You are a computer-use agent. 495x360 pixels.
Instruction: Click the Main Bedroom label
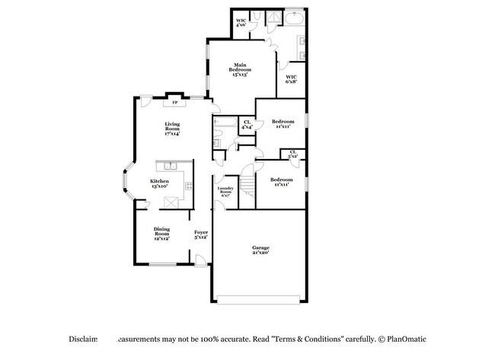(x=241, y=70)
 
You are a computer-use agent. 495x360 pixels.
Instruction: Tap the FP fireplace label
(x=175, y=102)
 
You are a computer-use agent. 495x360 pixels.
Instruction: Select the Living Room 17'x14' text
(x=172, y=129)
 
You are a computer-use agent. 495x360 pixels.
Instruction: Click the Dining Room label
(x=161, y=234)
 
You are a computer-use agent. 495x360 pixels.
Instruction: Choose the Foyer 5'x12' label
(x=201, y=234)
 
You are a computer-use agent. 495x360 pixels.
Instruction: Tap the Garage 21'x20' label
(x=261, y=250)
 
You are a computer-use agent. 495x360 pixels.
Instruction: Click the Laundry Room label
(x=225, y=191)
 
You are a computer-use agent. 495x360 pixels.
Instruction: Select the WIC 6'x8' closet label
(x=292, y=79)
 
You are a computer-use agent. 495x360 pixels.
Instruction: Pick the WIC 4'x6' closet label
(x=241, y=23)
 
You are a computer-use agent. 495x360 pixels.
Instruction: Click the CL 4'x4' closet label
(x=247, y=125)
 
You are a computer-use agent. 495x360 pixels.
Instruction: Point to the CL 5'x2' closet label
(x=293, y=155)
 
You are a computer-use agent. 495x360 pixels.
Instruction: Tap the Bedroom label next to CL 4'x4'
(x=283, y=124)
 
